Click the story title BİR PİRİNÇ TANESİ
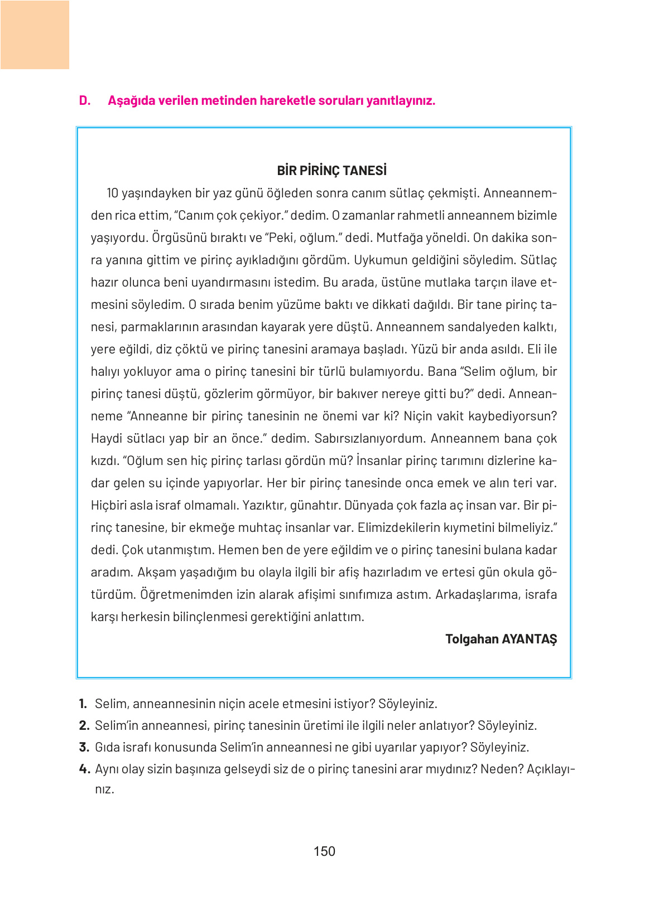[x=331, y=171]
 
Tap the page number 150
[x=324, y=851]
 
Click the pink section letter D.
[x=84, y=101]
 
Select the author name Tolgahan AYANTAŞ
[x=501, y=639]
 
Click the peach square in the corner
[x=35, y=35]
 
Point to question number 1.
[x=83, y=704]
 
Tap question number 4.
[x=84, y=769]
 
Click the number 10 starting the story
[x=112, y=193]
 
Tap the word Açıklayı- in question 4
[x=550, y=769]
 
